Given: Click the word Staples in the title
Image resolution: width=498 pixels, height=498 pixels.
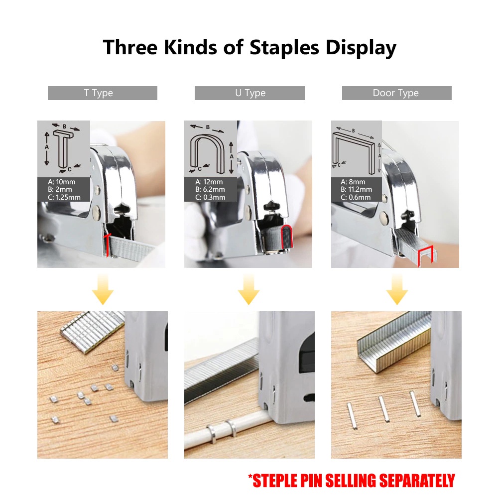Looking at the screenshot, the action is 284,48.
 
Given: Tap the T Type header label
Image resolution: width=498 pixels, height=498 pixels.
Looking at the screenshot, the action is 99,93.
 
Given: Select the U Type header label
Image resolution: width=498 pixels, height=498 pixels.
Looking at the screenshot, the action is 250,93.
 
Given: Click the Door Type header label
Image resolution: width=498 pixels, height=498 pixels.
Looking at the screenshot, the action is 396,93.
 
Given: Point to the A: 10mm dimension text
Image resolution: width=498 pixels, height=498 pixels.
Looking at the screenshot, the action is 62,182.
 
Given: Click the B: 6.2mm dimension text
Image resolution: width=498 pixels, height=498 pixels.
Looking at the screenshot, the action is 210,190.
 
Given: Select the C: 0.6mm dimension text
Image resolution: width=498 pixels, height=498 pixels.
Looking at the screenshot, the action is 356,197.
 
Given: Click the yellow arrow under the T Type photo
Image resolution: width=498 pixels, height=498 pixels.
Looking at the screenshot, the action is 103,290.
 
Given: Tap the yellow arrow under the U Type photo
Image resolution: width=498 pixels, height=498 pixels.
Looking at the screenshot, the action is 249,290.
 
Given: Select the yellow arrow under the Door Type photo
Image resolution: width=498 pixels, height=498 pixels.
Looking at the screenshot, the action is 397,290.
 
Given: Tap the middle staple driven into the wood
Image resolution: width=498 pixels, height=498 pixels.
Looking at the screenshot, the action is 384,409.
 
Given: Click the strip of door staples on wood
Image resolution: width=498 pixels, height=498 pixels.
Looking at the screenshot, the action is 394,343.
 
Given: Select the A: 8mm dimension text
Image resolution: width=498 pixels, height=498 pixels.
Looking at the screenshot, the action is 353,182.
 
